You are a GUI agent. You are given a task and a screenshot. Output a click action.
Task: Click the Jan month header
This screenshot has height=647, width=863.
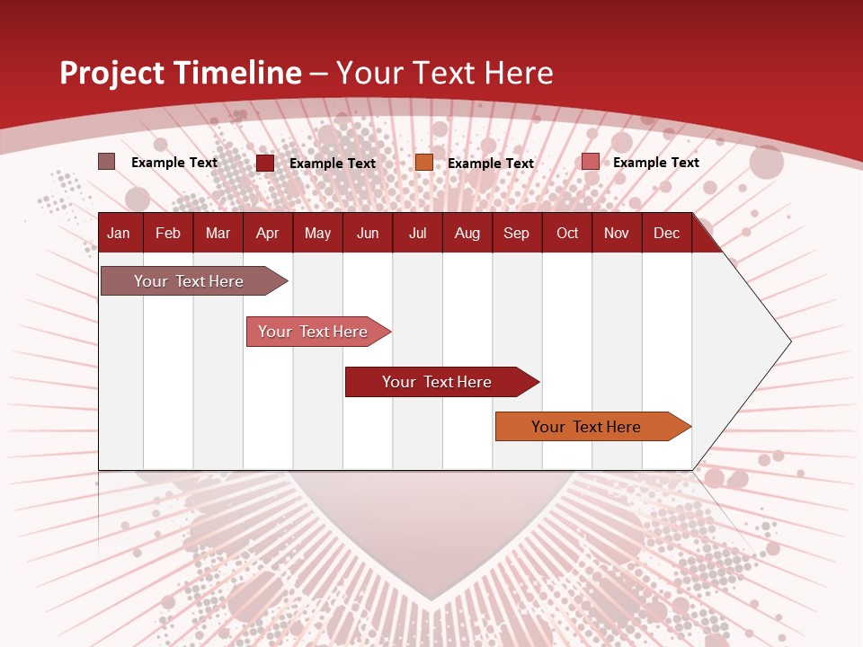119,233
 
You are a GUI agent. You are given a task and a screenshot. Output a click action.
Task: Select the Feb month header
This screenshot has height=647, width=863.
168,233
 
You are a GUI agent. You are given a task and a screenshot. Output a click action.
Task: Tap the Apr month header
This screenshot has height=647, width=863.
267,233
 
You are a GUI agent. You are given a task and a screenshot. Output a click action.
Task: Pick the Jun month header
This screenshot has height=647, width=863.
368,233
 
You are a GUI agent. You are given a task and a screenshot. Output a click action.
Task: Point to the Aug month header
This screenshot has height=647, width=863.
467,233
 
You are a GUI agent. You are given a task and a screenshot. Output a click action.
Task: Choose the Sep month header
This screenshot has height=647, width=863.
516,233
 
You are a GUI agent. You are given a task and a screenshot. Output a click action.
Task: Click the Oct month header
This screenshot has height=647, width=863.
567,233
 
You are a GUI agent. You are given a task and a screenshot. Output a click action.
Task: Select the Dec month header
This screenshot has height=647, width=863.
666,233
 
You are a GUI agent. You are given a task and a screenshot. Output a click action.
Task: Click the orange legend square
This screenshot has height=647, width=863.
424,163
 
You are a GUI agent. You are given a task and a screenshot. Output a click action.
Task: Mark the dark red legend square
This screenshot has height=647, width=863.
265,163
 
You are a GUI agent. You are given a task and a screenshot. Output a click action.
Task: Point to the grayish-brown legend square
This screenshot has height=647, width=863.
107,162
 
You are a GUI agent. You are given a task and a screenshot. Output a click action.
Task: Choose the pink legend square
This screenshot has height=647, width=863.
591,162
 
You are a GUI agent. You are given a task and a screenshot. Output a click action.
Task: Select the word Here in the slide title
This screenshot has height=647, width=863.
519,73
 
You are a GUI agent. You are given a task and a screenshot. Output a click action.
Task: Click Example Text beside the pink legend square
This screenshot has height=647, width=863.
655,163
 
